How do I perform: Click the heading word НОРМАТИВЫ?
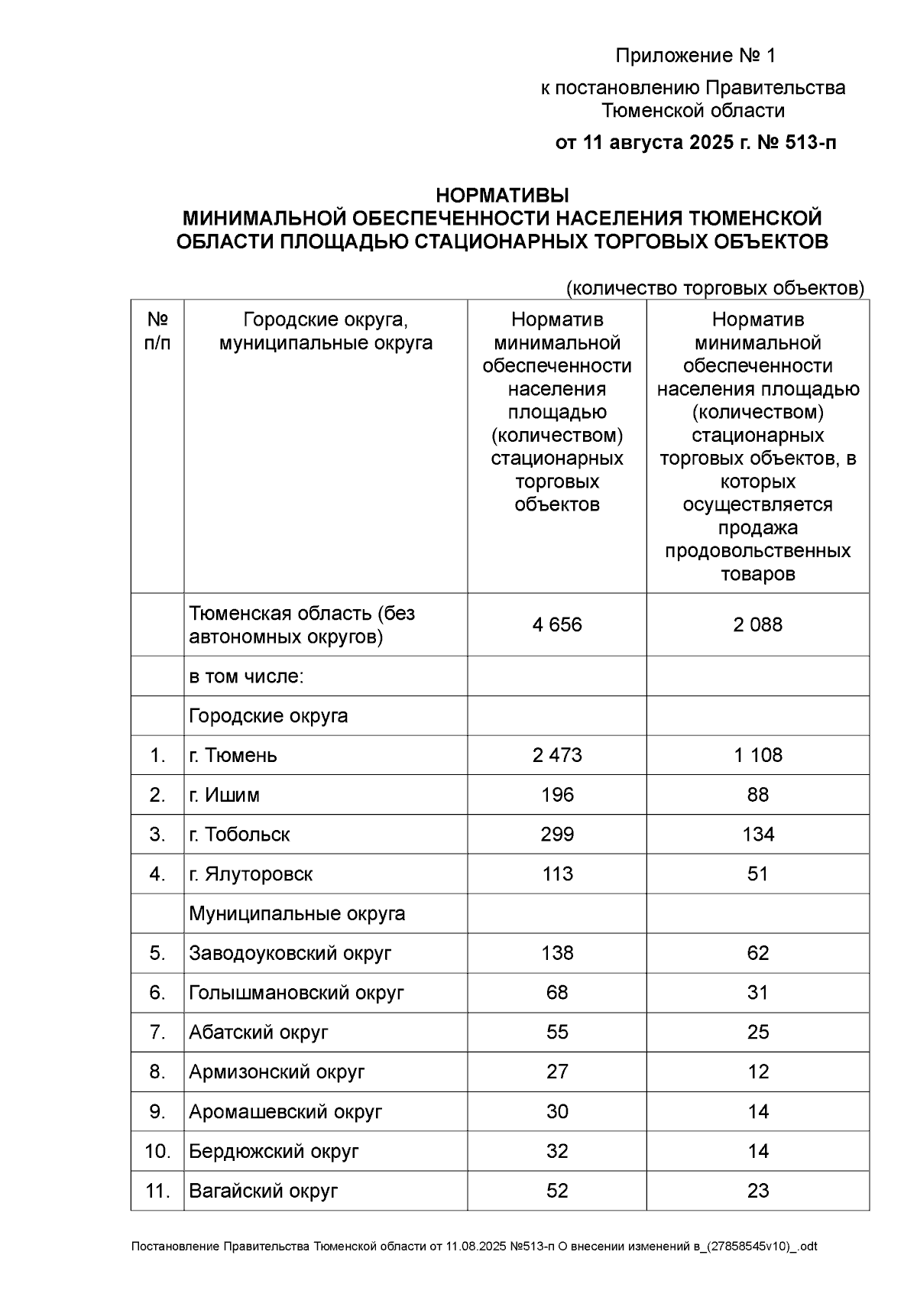pyautogui.click(x=502, y=195)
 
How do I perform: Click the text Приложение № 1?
pyautogui.click(x=695, y=56)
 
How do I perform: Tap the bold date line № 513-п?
pyautogui.click(x=695, y=142)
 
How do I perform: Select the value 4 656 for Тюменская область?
pyautogui.click(x=557, y=625)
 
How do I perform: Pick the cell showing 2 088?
pyautogui.click(x=757, y=625)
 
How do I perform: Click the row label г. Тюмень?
pyautogui.click(x=233, y=756)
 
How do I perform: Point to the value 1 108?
pyautogui.click(x=757, y=756)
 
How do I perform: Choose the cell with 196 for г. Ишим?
pyautogui.click(x=557, y=796)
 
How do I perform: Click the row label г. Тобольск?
pyautogui.click(x=239, y=835)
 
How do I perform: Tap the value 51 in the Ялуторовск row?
pyautogui.click(x=757, y=874)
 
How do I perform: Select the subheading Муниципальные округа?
pyautogui.click(x=296, y=914)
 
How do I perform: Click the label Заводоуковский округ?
pyautogui.click(x=290, y=954)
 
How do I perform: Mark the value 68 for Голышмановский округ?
pyautogui.click(x=557, y=993)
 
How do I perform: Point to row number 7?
pyautogui.click(x=157, y=1033)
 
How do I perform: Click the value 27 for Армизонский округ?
pyautogui.click(x=557, y=1072)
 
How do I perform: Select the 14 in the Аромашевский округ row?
pyautogui.click(x=757, y=1112)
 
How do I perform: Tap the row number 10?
pyautogui.click(x=157, y=1152)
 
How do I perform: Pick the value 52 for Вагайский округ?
pyautogui.click(x=557, y=1191)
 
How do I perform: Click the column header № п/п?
pyautogui.click(x=157, y=331)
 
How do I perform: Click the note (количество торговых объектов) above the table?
pyautogui.click(x=714, y=288)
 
